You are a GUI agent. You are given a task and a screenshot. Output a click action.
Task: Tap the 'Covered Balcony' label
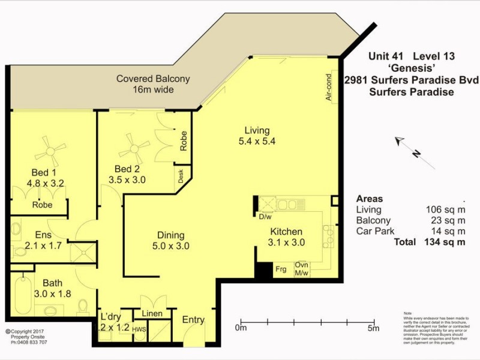point(153,79)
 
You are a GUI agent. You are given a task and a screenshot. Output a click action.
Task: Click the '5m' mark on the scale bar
point(373,328)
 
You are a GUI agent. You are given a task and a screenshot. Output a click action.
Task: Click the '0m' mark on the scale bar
point(241,328)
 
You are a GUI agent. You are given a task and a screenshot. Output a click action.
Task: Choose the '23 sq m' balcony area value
point(445,221)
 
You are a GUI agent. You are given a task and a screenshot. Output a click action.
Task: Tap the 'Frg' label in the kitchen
point(280,269)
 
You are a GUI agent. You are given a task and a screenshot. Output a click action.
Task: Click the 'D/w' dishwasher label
point(265,217)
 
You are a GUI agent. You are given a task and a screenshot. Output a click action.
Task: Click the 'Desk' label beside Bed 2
point(180,176)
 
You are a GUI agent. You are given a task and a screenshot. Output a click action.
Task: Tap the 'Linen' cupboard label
point(152,313)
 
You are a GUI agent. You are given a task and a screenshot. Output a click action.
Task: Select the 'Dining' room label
point(170,235)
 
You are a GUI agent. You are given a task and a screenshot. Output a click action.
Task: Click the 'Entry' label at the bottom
point(193,320)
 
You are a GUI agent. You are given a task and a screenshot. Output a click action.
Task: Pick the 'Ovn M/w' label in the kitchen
point(301,269)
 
